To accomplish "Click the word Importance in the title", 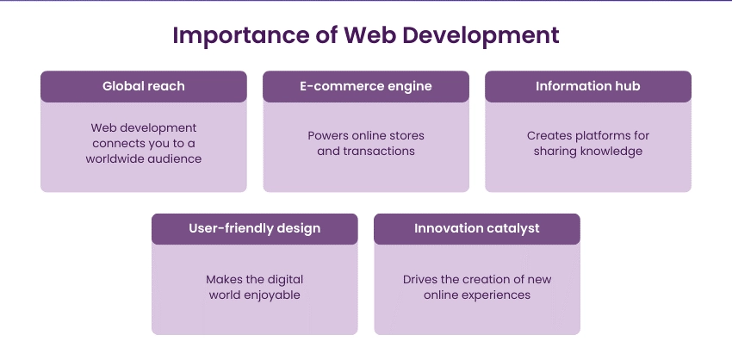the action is point(240,36).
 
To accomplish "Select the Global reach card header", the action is point(143,86).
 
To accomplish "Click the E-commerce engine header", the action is point(365,86).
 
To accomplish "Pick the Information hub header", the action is point(587,86).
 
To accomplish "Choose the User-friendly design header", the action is point(254,229).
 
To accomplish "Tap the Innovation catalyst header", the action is point(476,229).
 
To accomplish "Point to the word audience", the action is point(175,158).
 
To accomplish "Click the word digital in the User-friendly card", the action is point(285,280).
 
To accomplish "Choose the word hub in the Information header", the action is point(629,86).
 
